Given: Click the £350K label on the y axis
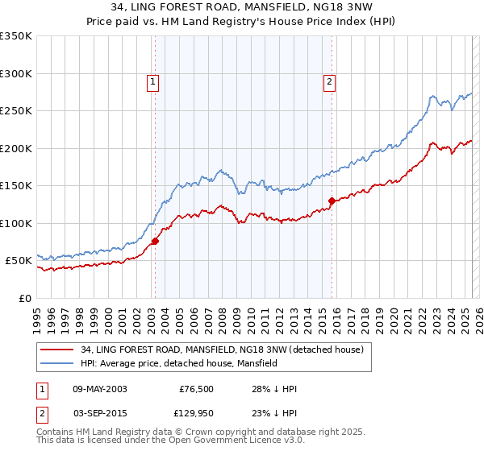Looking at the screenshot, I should [x=16, y=36].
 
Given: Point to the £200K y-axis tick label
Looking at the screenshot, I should [x=16, y=148].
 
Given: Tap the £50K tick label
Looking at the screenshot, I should [x=19, y=261].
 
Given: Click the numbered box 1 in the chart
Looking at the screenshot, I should [x=153, y=81].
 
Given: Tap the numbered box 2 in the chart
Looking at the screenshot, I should [x=330, y=81].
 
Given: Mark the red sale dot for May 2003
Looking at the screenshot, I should [x=155, y=241].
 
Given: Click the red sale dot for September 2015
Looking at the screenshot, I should [x=332, y=201].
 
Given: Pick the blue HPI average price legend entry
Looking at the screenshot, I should [x=178, y=363].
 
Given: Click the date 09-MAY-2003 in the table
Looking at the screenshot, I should [x=100, y=389].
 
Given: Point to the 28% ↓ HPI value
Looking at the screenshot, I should [x=274, y=389].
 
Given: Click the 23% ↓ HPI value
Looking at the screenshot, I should [x=274, y=413].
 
